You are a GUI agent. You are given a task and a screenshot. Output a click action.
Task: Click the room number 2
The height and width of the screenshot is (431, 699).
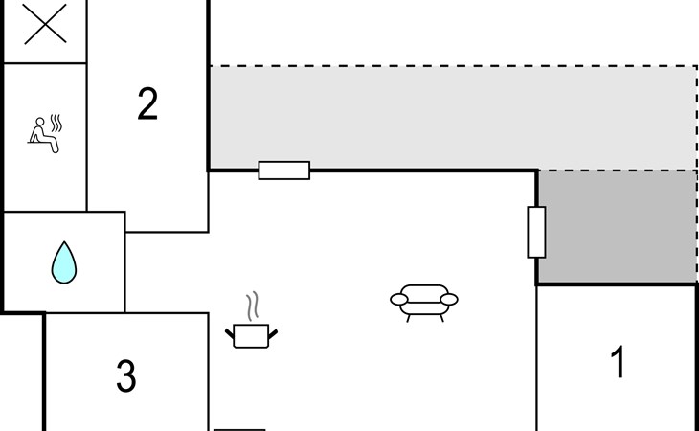tap(147, 103)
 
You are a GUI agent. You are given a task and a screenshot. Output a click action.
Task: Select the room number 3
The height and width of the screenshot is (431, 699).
tap(126, 375)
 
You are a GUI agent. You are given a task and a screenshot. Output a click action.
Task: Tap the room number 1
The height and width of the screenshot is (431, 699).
tap(618, 362)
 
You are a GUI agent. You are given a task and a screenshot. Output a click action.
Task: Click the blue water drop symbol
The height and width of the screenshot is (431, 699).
tap(64, 262)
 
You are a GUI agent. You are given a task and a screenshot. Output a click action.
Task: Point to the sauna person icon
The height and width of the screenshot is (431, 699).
tap(44, 135)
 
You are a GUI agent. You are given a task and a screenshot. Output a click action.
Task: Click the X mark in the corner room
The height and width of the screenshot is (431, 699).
tap(45, 24)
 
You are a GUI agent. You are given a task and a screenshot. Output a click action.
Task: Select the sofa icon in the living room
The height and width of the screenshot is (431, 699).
tap(424, 303)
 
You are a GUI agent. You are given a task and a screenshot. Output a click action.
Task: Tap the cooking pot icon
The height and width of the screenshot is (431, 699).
tap(251, 336)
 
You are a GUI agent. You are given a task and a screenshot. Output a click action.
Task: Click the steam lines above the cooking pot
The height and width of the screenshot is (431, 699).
tap(253, 306)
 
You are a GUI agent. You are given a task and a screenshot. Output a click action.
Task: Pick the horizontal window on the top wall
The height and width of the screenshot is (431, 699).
tap(284, 170)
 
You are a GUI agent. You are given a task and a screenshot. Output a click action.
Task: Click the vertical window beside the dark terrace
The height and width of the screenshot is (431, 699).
tap(536, 232)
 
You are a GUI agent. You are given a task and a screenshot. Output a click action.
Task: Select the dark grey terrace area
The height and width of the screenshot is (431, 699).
tap(618, 226)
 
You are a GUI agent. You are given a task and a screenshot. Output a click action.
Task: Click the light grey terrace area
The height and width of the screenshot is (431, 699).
tap(453, 118)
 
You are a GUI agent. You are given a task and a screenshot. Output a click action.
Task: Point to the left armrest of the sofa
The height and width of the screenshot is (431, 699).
tap(399, 300)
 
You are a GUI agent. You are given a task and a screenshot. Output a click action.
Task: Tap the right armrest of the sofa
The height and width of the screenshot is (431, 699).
tap(449, 300)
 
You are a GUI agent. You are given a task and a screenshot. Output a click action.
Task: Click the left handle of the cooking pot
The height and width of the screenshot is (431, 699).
tap(230, 334)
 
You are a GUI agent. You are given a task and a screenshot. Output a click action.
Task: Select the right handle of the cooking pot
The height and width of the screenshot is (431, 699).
tap(273, 334)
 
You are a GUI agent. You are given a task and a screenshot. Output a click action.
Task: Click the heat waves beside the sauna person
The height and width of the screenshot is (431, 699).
tap(56, 123)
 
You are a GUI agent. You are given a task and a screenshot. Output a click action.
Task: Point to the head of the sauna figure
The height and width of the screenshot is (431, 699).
tap(40, 122)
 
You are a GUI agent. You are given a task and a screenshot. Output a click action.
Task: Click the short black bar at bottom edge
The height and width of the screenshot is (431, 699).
tap(239, 430)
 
